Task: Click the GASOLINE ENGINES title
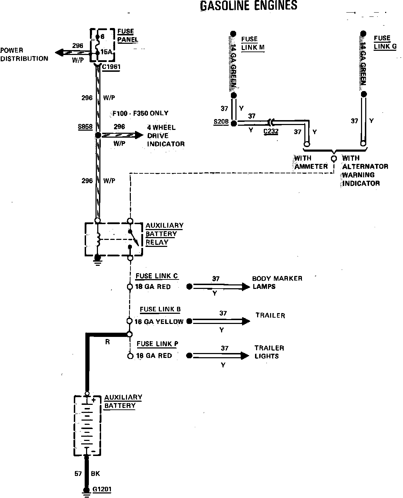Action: click(x=248, y=5)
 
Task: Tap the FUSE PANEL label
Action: click(x=127, y=35)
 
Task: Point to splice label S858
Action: click(x=85, y=127)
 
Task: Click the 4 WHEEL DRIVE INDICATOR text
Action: click(x=165, y=136)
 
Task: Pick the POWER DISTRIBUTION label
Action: click(x=24, y=55)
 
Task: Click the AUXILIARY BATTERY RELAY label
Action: click(x=164, y=234)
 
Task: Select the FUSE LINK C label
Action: click(x=157, y=276)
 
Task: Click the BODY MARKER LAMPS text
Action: click(x=277, y=282)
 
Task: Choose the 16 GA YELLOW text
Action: click(x=159, y=321)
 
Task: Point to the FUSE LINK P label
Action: click(x=157, y=344)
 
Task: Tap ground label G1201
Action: click(x=102, y=489)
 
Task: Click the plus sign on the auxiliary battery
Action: click(x=94, y=400)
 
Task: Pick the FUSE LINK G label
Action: click(x=385, y=42)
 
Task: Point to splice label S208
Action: click(x=221, y=122)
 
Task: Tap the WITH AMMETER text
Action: click(x=311, y=162)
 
